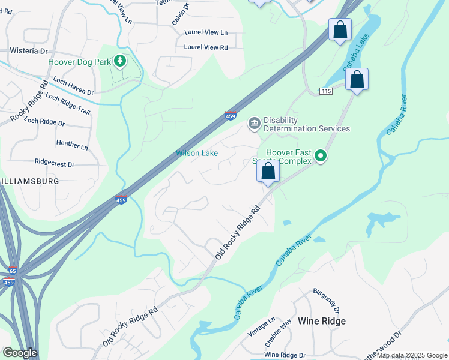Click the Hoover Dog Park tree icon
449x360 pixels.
120,61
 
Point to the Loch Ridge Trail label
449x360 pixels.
68,104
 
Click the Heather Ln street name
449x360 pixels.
71,144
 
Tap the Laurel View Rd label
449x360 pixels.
206,47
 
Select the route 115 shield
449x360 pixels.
326,91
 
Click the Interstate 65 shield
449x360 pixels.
13,271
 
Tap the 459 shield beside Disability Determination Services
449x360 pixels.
230,115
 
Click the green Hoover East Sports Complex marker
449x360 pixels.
321,156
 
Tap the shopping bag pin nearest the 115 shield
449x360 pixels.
357,80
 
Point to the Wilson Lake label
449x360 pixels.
196,153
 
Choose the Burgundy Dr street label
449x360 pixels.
326,300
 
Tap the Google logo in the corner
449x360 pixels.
20,353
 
